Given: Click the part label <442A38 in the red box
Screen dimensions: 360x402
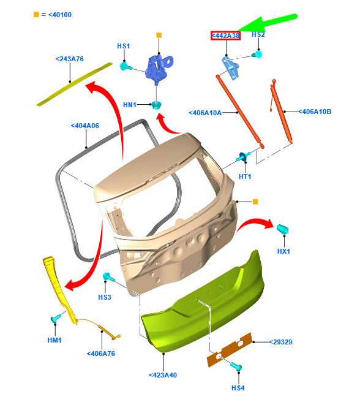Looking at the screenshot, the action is pyautogui.click(x=225, y=36).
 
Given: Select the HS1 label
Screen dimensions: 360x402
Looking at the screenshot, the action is pyautogui.click(x=124, y=46).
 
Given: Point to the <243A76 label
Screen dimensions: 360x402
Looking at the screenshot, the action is pyautogui.click(x=70, y=59).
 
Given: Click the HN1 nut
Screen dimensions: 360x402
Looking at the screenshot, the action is pyautogui.click(x=156, y=105).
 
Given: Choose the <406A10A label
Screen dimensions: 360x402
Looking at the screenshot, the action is pyautogui.click(x=205, y=113).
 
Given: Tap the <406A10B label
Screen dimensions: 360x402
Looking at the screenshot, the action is pyautogui.click(x=315, y=112).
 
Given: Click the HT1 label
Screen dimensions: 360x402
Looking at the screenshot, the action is pyautogui.click(x=245, y=176).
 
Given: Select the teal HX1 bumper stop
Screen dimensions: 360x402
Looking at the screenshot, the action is pyautogui.click(x=283, y=229).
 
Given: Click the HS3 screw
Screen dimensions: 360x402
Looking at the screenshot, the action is pyautogui.click(x=108, y=277).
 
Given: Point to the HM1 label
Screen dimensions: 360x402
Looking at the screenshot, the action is pyautogui.click(x=54, y=340).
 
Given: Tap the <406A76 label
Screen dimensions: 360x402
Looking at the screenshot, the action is pyautogui.click(x=101, y=354).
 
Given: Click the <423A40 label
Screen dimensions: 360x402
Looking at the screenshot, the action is pyautogui.click(x=163, y=375).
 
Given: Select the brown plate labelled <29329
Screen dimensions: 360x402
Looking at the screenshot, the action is pyautogui.click(x=230, y=350).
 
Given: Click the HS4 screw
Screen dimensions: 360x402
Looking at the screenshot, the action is pyautogui.click(x=236, y=366).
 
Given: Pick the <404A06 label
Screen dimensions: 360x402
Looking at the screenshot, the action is pyautogui.click(x=85, y=126).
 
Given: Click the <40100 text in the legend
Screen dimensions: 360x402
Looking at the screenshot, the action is pyautogui.click(x=60, y=15).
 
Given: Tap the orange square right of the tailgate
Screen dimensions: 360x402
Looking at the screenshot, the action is pyautogui.click(x=255, y=202).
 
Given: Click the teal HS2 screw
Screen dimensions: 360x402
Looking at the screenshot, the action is pyautogui.click(x=257, y=55).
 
